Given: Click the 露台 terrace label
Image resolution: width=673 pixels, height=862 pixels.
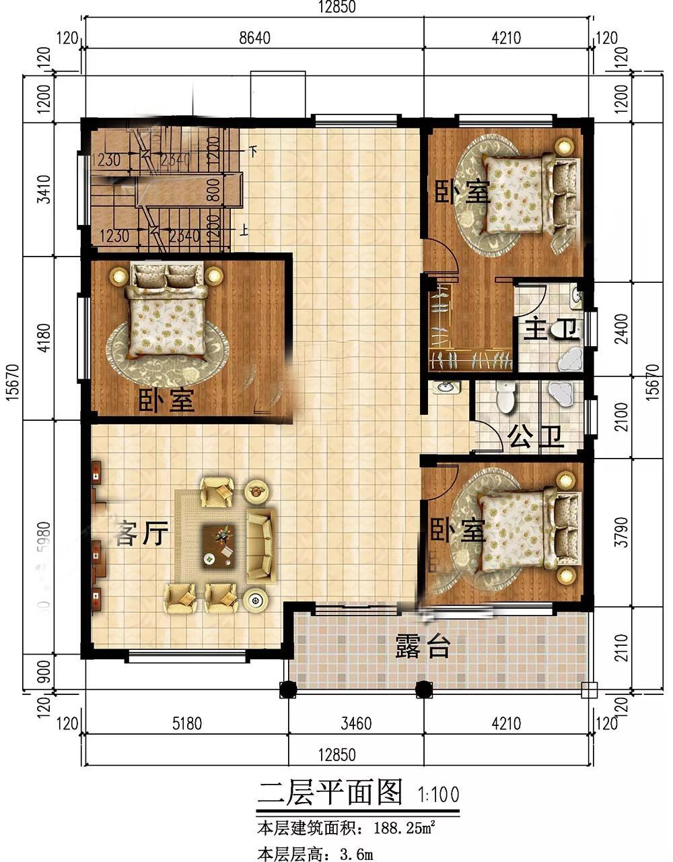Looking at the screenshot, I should click(x=422, y=647).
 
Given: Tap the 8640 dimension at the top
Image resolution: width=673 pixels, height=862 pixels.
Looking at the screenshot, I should click(x=254, y=38).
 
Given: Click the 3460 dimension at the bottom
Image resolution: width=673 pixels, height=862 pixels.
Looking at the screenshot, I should click(x=356, y=724).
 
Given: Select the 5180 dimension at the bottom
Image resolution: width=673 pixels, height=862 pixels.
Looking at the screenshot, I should click(x=187, y=724).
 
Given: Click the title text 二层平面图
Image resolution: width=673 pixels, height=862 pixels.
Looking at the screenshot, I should click(x=330, y=793).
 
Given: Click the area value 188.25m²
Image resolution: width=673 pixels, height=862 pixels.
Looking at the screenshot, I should click(x=400, y=826).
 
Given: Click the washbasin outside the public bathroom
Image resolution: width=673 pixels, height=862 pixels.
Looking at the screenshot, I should click(x=446, y=388).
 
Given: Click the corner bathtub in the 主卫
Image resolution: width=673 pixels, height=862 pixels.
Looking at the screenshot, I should click(x=571, y=360).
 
